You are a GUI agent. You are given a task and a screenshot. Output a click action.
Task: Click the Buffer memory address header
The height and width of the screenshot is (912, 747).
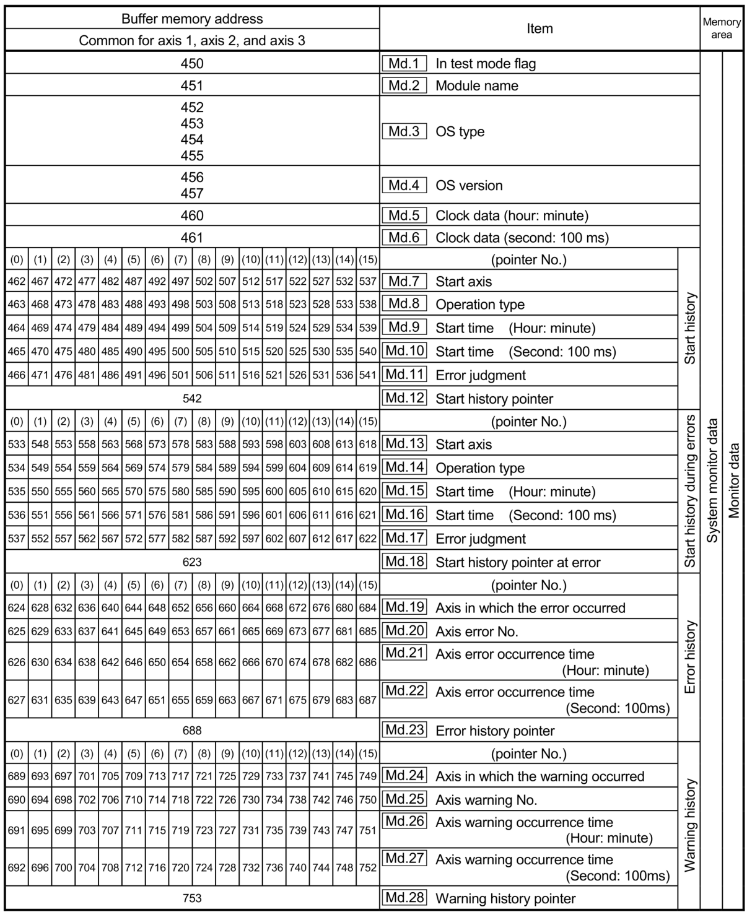click(x=192, y=19)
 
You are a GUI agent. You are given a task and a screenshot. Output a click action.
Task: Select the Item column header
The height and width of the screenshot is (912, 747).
click(x=539, y=28)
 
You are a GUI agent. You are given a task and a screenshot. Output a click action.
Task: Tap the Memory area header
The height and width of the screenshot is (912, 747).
click(x=722, y=28)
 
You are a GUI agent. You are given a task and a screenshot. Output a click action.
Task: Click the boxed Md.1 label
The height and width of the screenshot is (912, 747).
click(x=404, y=63)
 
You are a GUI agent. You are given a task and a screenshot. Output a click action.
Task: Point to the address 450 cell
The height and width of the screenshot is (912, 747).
click(x=192, y=63)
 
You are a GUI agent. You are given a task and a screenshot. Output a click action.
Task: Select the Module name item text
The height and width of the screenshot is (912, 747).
click(x=477, y=85)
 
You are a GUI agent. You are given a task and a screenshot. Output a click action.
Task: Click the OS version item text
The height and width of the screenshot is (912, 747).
click(x=469, y=185)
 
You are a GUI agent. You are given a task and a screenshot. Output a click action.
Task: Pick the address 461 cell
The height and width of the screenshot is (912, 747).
click(x=192, y=237)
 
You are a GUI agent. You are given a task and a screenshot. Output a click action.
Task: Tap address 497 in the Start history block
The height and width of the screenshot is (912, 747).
click(x=180, y=281)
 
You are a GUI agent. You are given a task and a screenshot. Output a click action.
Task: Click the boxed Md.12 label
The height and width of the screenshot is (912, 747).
click(x=404, y=398)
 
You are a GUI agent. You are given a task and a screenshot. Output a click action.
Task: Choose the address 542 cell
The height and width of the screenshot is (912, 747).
click(x=192, y=398)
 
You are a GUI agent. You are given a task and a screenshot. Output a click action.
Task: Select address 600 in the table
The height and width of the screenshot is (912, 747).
click(x=274, y=492)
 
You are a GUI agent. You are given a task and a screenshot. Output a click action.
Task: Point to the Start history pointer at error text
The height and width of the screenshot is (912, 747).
click(x=518, y=562)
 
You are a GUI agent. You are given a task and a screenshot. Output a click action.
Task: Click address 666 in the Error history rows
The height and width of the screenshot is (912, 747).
click(x=251, y=662)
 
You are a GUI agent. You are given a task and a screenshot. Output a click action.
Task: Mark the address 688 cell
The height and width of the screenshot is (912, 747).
click(x=192, y=731)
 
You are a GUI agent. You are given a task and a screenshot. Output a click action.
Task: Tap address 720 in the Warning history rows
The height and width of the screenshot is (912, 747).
click(x=180, y=867)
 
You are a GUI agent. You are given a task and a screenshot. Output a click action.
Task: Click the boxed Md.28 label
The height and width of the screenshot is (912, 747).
click(x=404, y=898)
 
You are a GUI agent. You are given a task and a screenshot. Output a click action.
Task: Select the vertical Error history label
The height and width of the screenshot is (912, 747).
click(x=690, y=657)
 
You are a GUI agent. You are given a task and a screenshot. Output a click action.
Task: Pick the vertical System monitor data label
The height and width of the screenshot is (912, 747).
click(x=712, y=481)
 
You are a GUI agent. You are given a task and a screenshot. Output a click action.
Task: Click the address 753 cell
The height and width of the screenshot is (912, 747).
click(x=192, y=898)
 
